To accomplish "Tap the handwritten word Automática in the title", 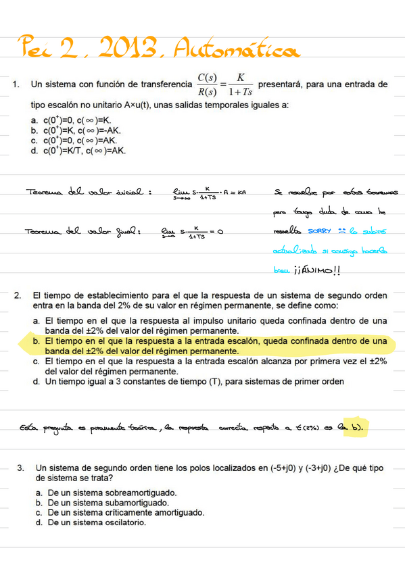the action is tap(234, 49).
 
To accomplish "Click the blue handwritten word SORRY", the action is tap(320, 231).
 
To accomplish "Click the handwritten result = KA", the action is tap(237, 192).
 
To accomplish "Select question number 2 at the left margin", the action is tap(18, 295).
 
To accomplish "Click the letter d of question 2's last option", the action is tap(37, 381).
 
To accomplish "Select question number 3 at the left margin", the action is tap(21, 468).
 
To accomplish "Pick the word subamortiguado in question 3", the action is tap(135, 503).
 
